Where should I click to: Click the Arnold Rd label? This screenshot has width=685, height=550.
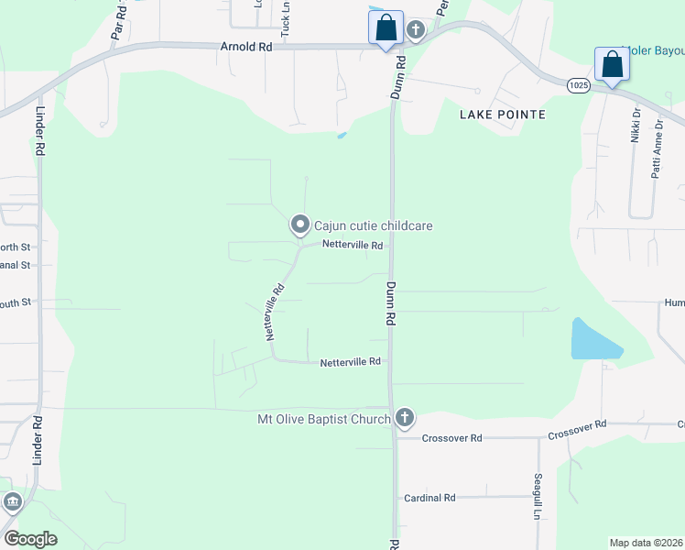[247, 45]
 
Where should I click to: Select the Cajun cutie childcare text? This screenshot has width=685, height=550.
[373, 225]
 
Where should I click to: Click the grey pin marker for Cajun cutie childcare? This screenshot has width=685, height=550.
[299, 225]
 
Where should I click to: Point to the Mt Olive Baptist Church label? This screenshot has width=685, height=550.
[324, 419]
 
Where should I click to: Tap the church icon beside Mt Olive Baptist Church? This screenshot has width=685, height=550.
[405, 419]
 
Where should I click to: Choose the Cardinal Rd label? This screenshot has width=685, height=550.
[429, 498]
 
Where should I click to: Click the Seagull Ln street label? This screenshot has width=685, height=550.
[538, 496]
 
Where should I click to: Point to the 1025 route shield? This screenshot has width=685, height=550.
[578, 84]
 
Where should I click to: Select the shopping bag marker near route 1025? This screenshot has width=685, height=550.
[611, 64]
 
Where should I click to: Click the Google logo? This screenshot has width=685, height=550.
[30, 539]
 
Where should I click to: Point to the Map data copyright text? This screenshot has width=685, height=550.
[646, 543]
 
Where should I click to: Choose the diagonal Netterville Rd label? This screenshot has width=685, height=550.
[275, 312]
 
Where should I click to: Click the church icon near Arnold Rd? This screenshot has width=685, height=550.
[416, 30]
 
